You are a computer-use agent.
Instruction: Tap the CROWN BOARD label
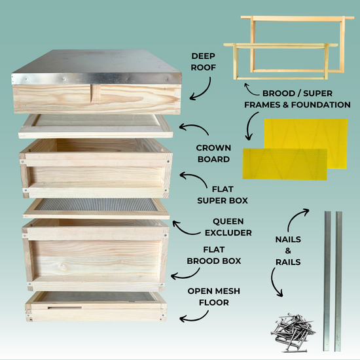point(213,153)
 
